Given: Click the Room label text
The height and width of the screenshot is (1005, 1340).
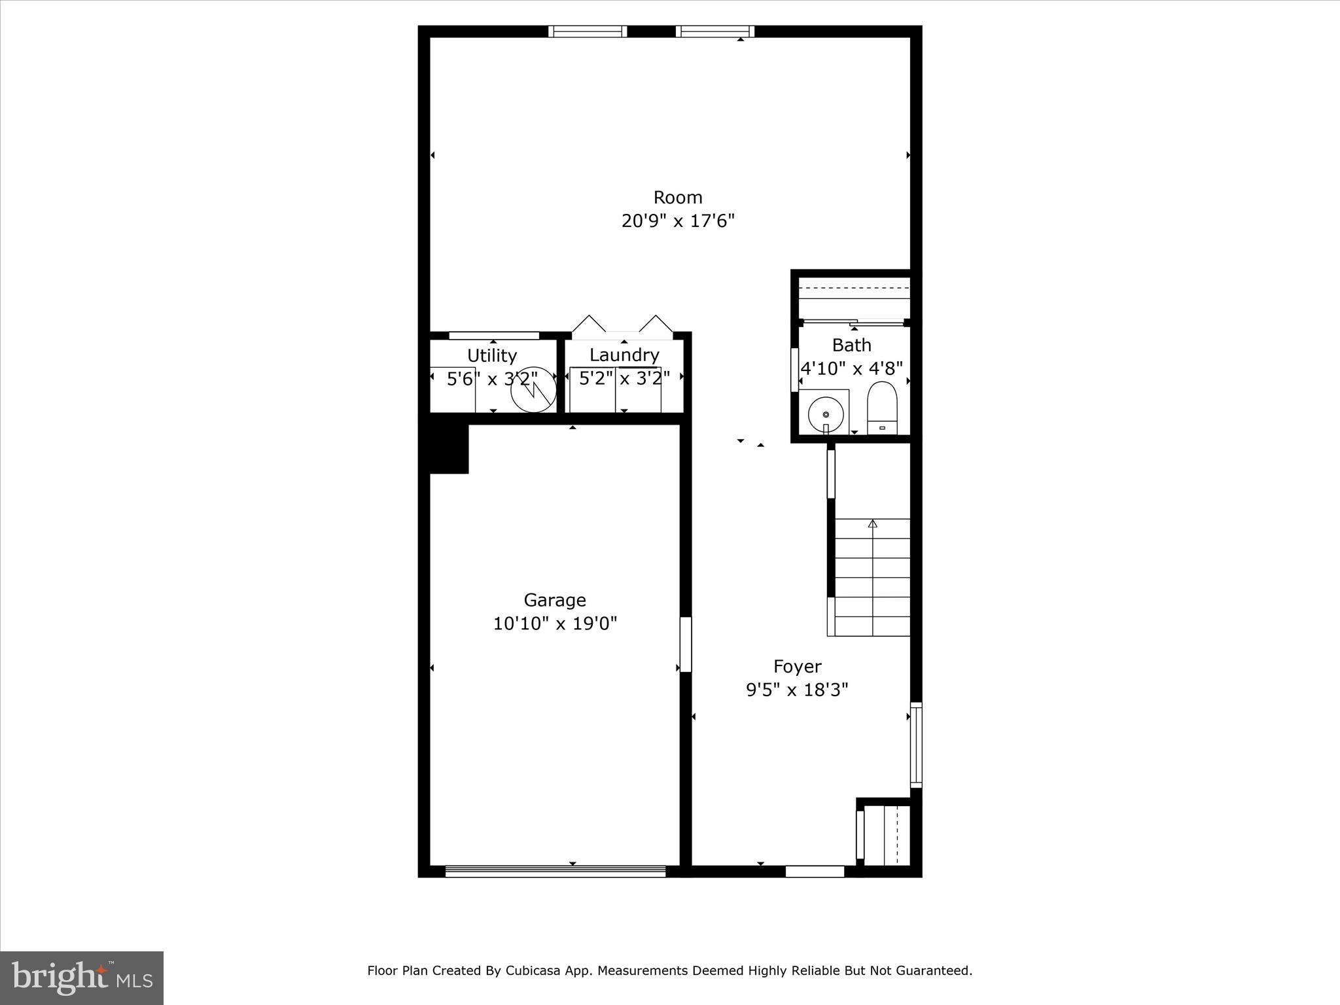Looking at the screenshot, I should (x=678, y=198).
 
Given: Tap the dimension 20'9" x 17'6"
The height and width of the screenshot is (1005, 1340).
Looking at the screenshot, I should (x=678, y=221).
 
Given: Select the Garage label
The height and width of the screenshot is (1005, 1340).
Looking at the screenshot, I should (x=555, y=600).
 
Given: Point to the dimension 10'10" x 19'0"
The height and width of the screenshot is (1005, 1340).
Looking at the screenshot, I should (x=555, y=624).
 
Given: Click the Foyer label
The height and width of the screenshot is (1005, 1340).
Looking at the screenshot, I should (x=797, y=667).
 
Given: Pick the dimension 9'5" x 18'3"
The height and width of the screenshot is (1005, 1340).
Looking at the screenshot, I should (x=797, y=690).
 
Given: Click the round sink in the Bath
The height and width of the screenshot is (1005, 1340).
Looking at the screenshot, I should (x=825, y=414).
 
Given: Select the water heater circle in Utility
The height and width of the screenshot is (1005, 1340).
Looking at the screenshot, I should (x=533, y=390).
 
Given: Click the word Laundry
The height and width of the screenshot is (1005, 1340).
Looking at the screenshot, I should (x=624, y=355).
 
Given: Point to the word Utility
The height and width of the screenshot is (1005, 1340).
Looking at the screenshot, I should (x=492, y=356).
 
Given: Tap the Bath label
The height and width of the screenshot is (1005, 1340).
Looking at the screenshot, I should (x=851, y=345).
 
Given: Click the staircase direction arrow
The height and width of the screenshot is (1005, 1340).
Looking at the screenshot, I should (x=872, y=524).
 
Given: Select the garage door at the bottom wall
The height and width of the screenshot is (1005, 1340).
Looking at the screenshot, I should (x=555, y=871).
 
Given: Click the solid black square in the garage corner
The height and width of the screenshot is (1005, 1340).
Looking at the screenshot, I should (x=449, y=448).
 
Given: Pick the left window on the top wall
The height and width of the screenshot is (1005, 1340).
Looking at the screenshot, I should (x=588, y=31).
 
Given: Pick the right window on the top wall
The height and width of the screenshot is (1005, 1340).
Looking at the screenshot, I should (x=714, y=31).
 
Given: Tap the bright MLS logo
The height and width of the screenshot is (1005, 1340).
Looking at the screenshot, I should (x=82, y=978).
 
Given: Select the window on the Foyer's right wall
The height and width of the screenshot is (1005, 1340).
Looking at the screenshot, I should (x=916, y=745).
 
